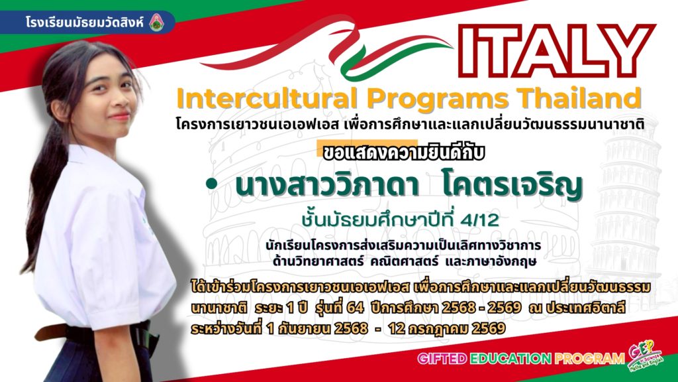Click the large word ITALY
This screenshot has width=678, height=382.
(x=557, y=50)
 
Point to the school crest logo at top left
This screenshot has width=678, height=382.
(x=156, y=23)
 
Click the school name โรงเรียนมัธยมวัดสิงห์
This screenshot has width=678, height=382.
(x=84, y=22)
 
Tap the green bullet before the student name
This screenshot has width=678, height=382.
(x=211, y=184)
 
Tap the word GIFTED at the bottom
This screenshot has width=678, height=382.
(x=442, y=358)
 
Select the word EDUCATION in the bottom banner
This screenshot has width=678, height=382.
(x=510, y=358)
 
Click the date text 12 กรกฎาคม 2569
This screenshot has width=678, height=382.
(x=447, y=329)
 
